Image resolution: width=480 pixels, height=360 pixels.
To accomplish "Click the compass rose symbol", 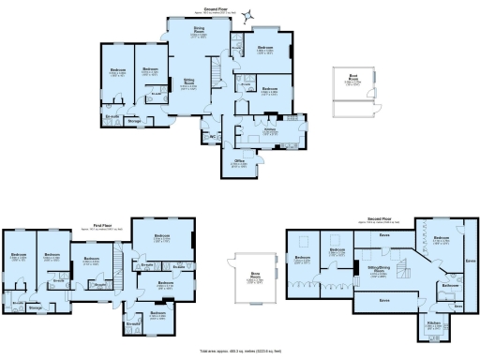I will click(x=248, y=16).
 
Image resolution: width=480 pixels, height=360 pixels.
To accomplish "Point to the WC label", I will click(x=214, y=136).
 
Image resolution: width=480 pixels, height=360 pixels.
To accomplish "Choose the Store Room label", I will click(x=253, y=276).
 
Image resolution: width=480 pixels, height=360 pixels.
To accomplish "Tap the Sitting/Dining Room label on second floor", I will click(x=378, y=269).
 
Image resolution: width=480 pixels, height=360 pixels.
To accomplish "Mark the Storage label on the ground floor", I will click(x=134, y=121).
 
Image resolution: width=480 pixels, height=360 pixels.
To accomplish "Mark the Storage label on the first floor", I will click(x=36, y=307).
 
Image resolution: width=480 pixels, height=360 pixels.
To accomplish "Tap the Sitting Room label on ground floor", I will click(x=187, y=82).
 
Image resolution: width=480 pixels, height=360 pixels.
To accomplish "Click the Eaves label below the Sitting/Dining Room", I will click(x=384, y=300).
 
